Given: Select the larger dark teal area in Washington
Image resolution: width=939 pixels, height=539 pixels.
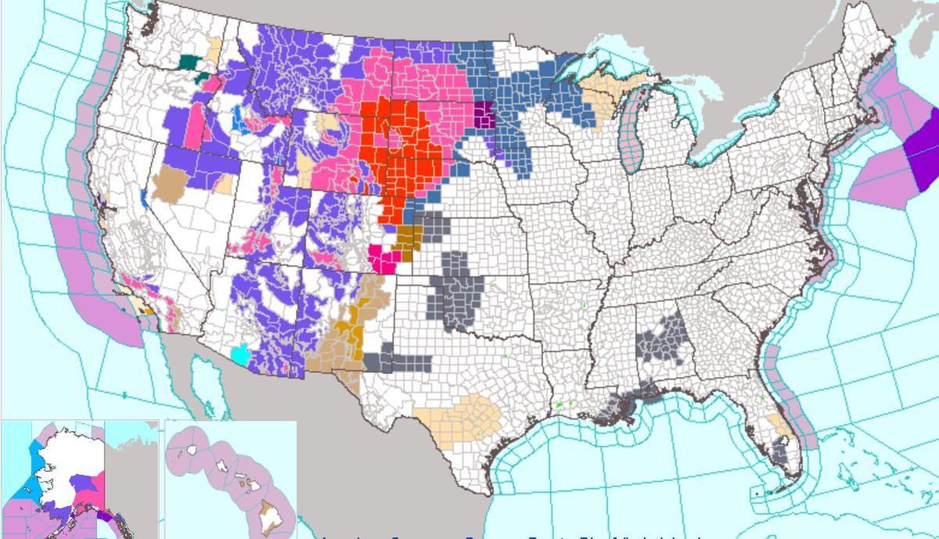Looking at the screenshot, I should pyautogui.click(x=189, y=62).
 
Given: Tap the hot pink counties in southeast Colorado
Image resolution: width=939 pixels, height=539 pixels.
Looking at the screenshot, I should pyautogui.click(x=381, y=258).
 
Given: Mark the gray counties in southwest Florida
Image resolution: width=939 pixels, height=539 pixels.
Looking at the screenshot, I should pyautogui.click(x=779, y=449).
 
